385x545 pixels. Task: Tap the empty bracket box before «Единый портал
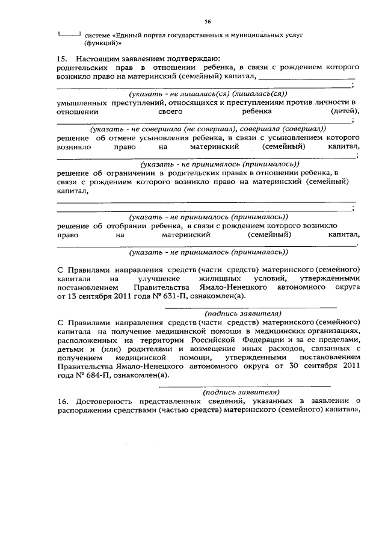coord(69,35)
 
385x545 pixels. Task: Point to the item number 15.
coord(61,58)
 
